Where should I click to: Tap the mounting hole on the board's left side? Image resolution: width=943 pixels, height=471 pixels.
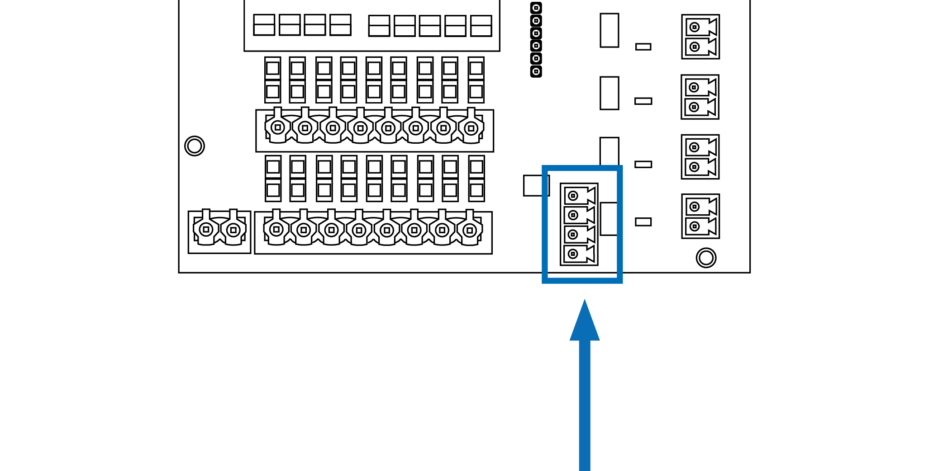coord(195,146)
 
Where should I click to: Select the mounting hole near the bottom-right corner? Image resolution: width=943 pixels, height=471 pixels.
coord(706,258)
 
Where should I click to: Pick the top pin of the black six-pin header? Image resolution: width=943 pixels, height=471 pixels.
coord(536,8)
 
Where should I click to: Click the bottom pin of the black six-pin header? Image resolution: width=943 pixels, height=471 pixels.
coord(536,71)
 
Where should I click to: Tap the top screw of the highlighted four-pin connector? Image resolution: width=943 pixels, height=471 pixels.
coord(573,196)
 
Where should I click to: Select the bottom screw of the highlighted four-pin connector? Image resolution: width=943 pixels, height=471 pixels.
coord(573,254)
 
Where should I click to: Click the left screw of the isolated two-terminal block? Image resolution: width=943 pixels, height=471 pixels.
coord(206,230)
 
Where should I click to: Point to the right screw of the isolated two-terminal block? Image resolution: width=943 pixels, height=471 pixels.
coord(233,230)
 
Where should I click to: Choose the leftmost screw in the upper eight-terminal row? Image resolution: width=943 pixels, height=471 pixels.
coord(278,127)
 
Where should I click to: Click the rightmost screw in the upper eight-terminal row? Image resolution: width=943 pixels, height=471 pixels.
coord(471,128)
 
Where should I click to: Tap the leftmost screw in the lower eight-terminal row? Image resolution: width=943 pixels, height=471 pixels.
coord(276,230)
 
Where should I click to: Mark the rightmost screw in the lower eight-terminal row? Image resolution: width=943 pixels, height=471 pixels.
coord(470,231)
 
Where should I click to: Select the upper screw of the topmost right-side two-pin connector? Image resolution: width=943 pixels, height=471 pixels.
coord(695,27)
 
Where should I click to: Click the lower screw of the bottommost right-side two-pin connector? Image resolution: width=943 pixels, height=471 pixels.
coord(695,226)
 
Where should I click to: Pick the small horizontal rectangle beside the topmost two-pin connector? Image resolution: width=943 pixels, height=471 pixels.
coord(643,47)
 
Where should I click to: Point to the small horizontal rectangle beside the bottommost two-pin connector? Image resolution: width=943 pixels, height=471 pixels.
coord(643,221)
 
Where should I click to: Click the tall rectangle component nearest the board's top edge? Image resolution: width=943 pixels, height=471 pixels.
coord(609,30)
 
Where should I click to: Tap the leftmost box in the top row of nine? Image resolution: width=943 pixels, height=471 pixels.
coord(264,25)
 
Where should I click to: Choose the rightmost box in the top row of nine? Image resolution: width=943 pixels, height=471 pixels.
coord(481,26)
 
